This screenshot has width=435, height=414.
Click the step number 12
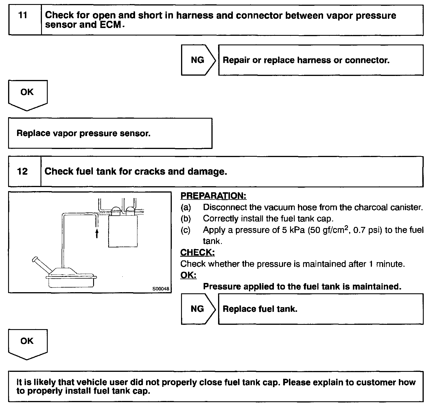tap(23, 171)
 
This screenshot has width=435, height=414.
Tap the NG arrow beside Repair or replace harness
tap(198, 60)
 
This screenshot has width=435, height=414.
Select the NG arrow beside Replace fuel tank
tap(198, 309)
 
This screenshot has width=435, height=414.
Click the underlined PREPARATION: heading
tap(213, 196)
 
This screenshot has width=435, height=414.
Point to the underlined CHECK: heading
tap(197, 253)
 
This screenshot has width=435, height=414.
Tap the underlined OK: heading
tap(188, 275)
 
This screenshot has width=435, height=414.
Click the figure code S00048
tap(161, 288)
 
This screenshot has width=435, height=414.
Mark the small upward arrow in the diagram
tap(97, 233)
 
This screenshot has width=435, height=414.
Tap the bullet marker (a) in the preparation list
tap(186, 207)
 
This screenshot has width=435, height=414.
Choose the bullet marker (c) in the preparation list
tap(186, 230)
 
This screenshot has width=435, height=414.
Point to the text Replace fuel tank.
tap(260, 309)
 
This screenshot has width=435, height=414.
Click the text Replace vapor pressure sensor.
tap(84, 133)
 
